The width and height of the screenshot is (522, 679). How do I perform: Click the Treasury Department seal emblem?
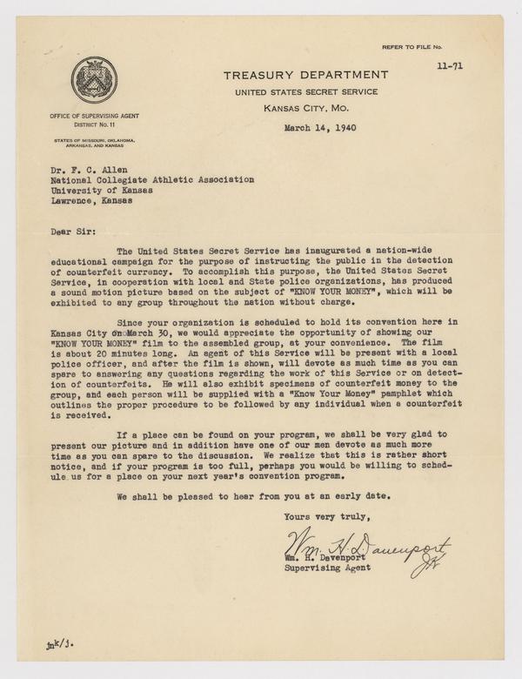[92, 82]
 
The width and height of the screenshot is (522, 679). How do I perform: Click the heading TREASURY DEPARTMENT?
[304, 75]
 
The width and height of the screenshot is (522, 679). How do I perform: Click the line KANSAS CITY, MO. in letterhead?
[304, 109]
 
